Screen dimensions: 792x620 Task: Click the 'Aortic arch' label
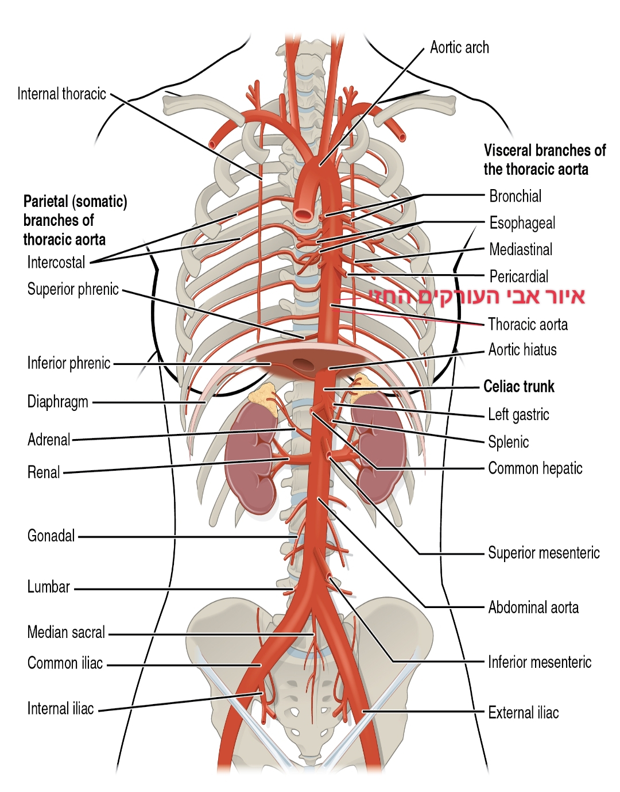coord(459,48)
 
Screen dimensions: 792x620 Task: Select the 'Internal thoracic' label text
coord(61,94)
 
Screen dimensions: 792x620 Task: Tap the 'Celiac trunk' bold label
coord(519,386)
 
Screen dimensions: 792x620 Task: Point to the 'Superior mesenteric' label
coord(543,553)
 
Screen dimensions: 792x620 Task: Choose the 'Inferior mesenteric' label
coord(539,662)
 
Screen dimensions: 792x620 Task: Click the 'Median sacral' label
coord(66,632)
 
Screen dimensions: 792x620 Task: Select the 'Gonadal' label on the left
coord(51,536)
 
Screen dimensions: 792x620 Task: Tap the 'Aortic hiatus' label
coord(522,349)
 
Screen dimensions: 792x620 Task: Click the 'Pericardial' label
coord(518,276)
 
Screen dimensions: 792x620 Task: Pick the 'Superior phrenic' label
coord(73,289)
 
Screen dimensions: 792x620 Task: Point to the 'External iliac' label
coord(523,713)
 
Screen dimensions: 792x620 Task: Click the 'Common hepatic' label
coord(535,468)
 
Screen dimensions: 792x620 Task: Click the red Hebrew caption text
coord(476,297)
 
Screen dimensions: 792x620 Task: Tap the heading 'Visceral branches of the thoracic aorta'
coord(544,160)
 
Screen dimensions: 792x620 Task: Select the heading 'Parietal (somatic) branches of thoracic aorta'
coord(75,220)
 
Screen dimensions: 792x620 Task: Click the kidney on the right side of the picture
coord(379,448)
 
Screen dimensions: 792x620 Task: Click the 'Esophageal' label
coord(522,223)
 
